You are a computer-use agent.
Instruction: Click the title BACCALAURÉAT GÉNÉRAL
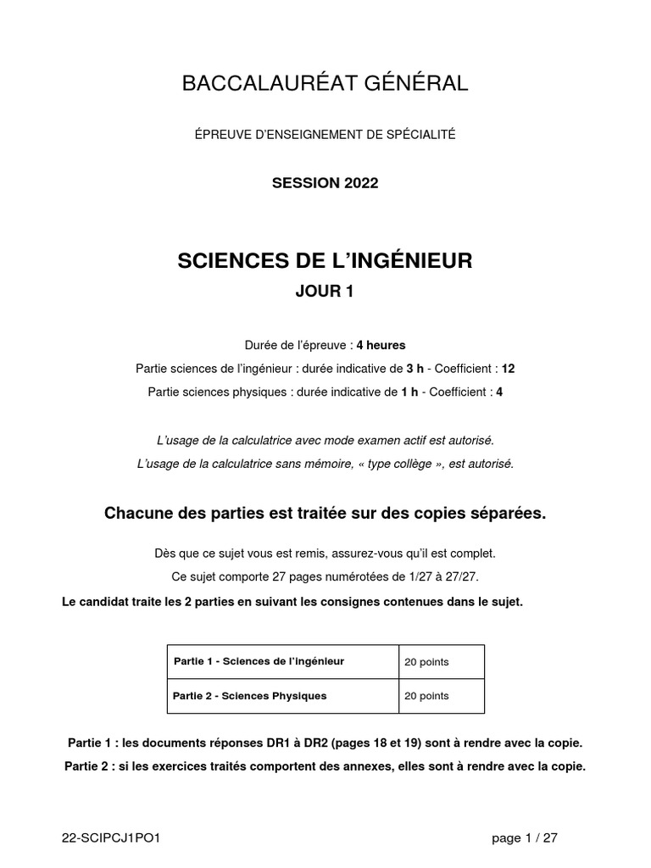(325, 83)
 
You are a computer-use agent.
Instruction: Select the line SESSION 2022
(325, 183)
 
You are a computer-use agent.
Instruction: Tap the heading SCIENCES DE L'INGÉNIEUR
(325, 261)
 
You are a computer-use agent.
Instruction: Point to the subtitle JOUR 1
(325, 292)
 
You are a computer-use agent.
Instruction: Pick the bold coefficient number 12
(509, 369)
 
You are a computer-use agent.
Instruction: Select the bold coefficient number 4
(499, 392)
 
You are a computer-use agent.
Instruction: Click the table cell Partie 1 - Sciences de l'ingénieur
(259, 661)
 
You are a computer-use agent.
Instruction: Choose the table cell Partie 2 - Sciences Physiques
(249, 696)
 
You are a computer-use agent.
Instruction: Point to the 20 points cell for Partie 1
(427, 662)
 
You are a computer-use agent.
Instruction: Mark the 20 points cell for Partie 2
(427, 696)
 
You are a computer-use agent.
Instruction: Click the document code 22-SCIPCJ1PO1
(111, 838)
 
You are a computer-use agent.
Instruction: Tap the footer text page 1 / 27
(525, 838)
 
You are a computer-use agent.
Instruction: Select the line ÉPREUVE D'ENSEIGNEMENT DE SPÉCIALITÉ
(325, 135)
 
